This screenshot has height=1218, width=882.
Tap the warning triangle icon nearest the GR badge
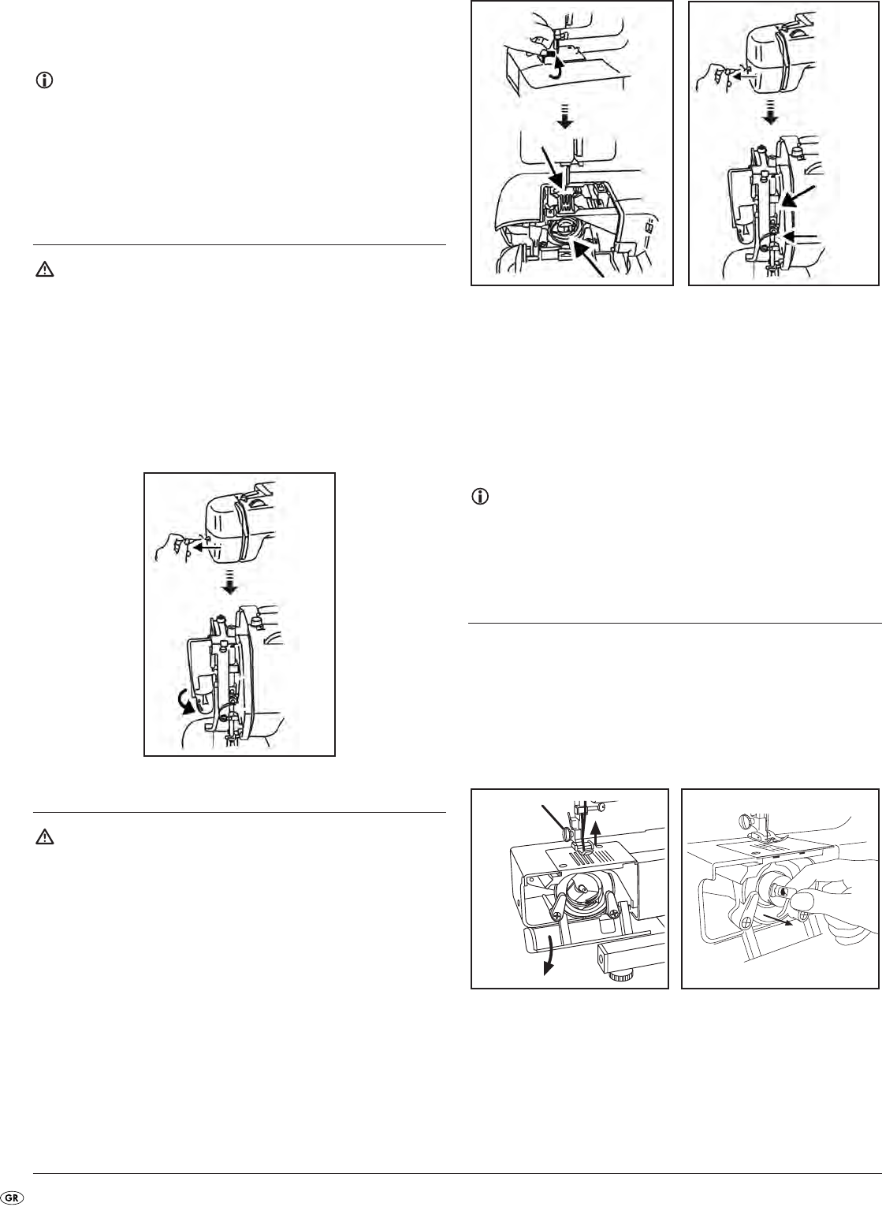click(45, 837)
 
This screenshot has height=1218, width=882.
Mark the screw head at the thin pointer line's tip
click(568, 831)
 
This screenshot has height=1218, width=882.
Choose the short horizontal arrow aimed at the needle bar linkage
click(800, 237)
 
